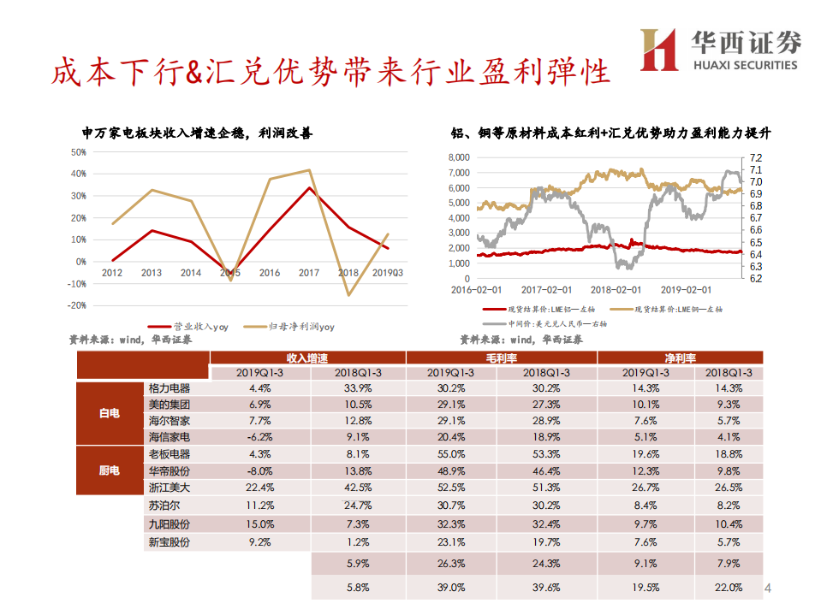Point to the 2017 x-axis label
[x=308, y=273]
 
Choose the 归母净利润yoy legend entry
[x=291, y=326]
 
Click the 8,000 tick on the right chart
[x=458, y=157]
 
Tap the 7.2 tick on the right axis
[x=754, y=157]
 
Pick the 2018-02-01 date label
[x=616, y=290]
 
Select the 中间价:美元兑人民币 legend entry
[x=544, y=324]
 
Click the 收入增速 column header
[x=307, y=358]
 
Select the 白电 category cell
[x=110, y=412]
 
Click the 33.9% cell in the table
[x=356, y=387]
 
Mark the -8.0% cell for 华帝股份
[x=259, y=471]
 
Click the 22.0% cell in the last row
[x=729, y=588]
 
